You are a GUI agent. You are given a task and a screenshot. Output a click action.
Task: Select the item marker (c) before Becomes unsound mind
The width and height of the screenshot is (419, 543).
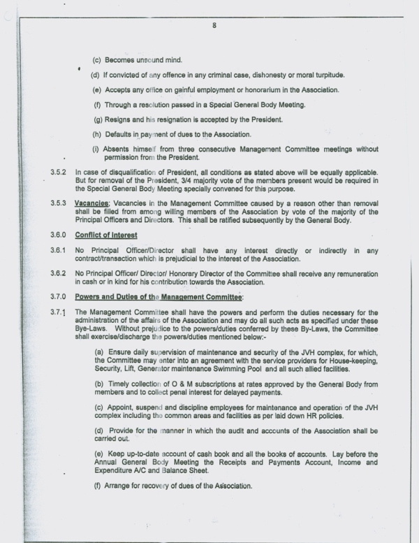pyautogui.click(x=98, y=61)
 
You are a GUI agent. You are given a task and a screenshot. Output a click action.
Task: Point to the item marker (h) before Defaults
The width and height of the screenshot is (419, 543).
pyautogui.click(x=98, y=134)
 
